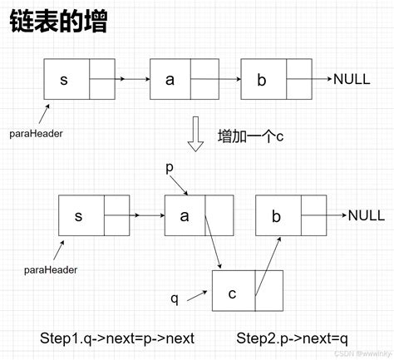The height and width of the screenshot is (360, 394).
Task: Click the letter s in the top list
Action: point(65,80)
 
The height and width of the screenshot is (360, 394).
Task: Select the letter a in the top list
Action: point(170,80)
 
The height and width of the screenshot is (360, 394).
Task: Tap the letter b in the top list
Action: point(260,80)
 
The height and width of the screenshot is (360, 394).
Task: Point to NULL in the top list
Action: point(357,80)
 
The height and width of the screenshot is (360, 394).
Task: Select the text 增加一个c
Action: point(250,136)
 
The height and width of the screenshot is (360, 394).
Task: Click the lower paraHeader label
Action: point(49,269)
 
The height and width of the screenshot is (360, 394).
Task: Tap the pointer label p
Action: point(170,167)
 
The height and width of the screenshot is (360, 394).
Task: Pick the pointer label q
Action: point(175,296)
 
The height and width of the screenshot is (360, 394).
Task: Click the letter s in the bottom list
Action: point(79,215)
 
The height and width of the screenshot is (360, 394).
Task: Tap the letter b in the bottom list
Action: point(276,215)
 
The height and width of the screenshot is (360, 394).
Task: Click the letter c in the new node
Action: point(232,292)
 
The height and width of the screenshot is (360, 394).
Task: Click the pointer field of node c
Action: point(268,292)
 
